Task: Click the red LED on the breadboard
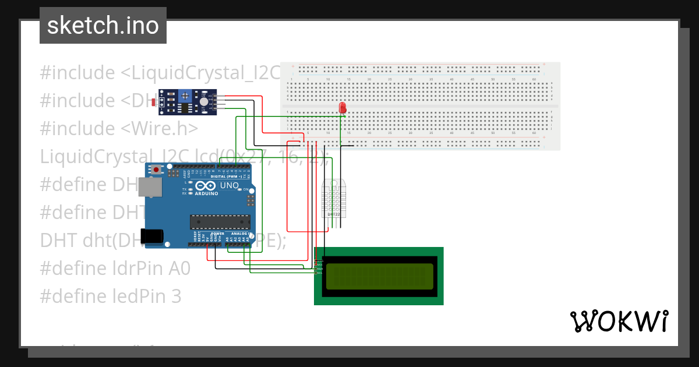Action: pyautogui.click(x=343, y=108)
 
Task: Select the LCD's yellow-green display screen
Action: pyautogui.click(x=379, y=276)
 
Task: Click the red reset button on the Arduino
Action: pyautogui.click(x=156, y=170)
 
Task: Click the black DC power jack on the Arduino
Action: pyautogui.click(x=154, y=236)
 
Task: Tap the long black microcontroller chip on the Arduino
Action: pyautogui.click(x=220, y=221)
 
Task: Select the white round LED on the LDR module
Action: pyautogui.click(x=203, y=101)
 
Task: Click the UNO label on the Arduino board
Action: pyautogui.click(x=230, y=185)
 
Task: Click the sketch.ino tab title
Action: pyautogui.click(x=103, y=26)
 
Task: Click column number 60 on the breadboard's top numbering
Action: pyautogui.click(x=534, y=79)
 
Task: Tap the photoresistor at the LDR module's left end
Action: pyautogui.click(x=153, y=103)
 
